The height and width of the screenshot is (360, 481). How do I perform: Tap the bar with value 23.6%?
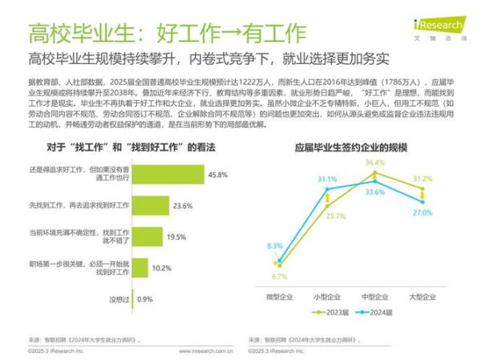point(148,205)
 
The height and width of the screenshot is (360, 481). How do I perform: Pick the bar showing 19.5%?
point(144,237)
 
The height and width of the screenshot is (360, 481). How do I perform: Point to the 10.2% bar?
point(136,267)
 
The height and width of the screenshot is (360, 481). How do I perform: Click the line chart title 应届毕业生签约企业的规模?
point(351,148)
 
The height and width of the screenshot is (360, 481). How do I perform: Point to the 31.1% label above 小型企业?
point(326,179)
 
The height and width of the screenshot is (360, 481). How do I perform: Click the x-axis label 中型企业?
point(375,297)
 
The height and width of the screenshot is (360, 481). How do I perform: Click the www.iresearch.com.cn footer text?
point(206,350)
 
